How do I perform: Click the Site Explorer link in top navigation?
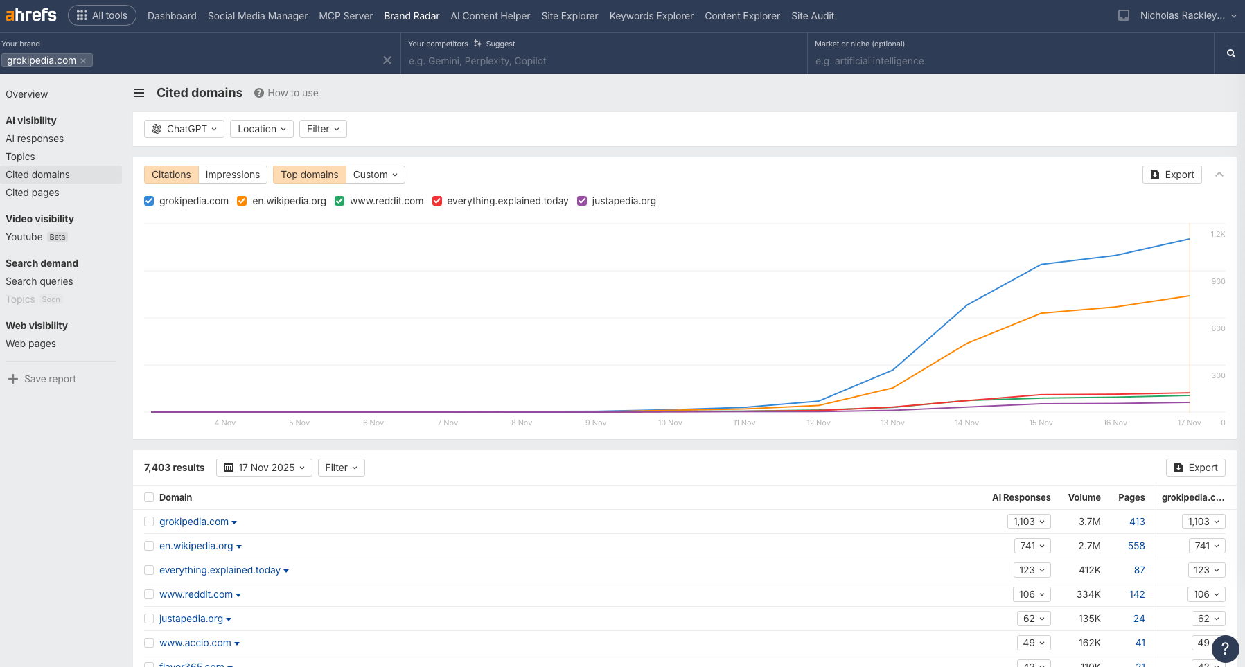pos(569,16)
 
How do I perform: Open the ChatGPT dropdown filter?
pos(184,129)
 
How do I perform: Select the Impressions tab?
pos(232,175)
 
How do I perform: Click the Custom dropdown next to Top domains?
pos(375,175)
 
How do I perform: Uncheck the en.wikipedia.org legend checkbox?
pos(242,201)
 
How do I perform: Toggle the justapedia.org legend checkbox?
pos(582,201)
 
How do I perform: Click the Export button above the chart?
pos(1172,175)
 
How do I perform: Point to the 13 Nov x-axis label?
pos(892,423)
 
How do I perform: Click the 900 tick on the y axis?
pos(1218,281)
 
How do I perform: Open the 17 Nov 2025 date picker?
pos(264,468)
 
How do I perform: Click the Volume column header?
pos(1084,497)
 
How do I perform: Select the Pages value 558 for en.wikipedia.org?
pos(1136,546)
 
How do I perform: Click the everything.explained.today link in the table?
pos(220,570)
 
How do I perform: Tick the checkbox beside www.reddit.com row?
pos(149,594)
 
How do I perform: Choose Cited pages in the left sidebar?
pos(33,193)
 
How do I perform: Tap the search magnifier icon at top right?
pos(1231,53)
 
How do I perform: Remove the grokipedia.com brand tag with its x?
pos(83,61)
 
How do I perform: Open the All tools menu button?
pos(102,15)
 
